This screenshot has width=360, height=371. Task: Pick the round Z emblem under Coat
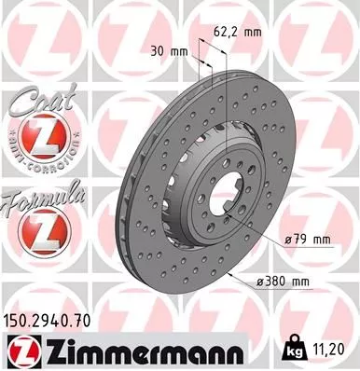[35, 140]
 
